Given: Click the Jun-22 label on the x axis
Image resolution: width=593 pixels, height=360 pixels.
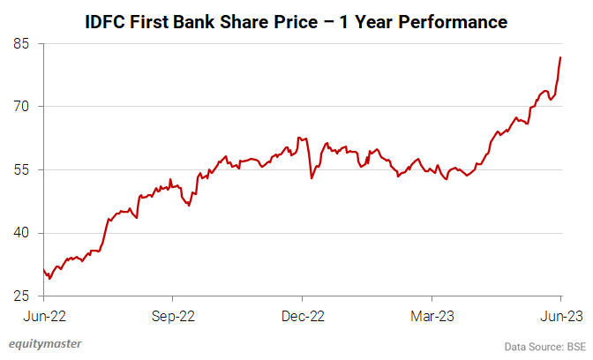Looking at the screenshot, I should (x=43, y=315).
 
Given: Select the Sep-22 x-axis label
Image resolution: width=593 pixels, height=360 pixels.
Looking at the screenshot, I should (x=173, y=315).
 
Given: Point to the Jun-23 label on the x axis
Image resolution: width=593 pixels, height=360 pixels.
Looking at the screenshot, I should (x=560, y=315).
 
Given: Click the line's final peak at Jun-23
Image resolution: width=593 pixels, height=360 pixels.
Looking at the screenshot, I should (x=560, y=58).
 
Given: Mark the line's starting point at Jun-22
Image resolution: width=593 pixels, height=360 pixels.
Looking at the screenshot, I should (x=43, y=270).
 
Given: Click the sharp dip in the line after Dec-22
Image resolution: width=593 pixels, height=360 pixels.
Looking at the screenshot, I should (x=312, y=178).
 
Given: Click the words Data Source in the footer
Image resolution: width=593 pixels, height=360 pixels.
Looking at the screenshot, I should (x=531, y=346).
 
